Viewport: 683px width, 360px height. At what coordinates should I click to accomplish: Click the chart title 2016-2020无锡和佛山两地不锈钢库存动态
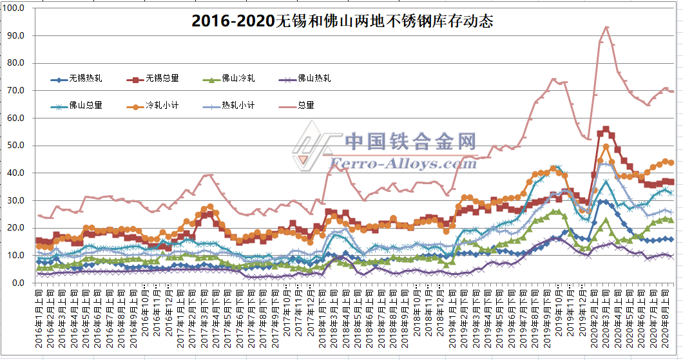pyautogui.click(x=342, y=21)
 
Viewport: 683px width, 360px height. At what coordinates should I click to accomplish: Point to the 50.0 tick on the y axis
pyautogui.click(x=15, y=146)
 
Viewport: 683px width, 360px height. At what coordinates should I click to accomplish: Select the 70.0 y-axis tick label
pyautogui.click(x=15, y=91)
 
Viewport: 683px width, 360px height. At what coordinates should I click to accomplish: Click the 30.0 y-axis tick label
pyautogui.click(x=15, y=200)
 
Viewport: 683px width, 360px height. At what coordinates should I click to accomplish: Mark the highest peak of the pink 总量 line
pyautogui.click(x=606, y=27)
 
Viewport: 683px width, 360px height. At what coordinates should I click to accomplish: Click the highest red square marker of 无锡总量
pyautogui.click(x=606, y=129)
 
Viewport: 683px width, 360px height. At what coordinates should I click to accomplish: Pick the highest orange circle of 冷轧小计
pyautogui.click(x=606, y=147)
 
